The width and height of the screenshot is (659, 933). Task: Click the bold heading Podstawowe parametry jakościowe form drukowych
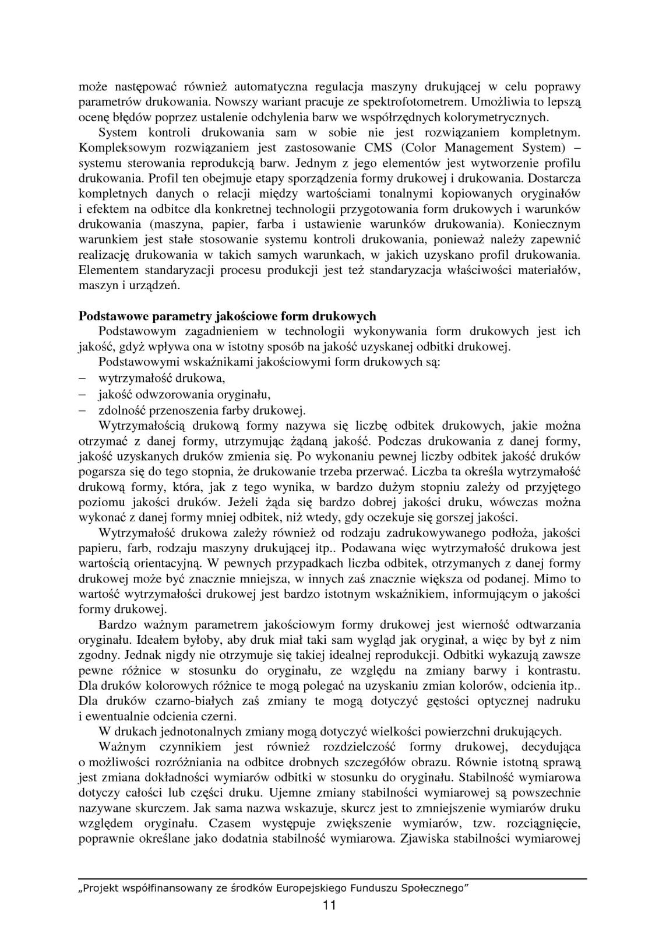click(x=227, y=316)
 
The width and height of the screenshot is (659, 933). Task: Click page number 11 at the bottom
click(x=329, y=905)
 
